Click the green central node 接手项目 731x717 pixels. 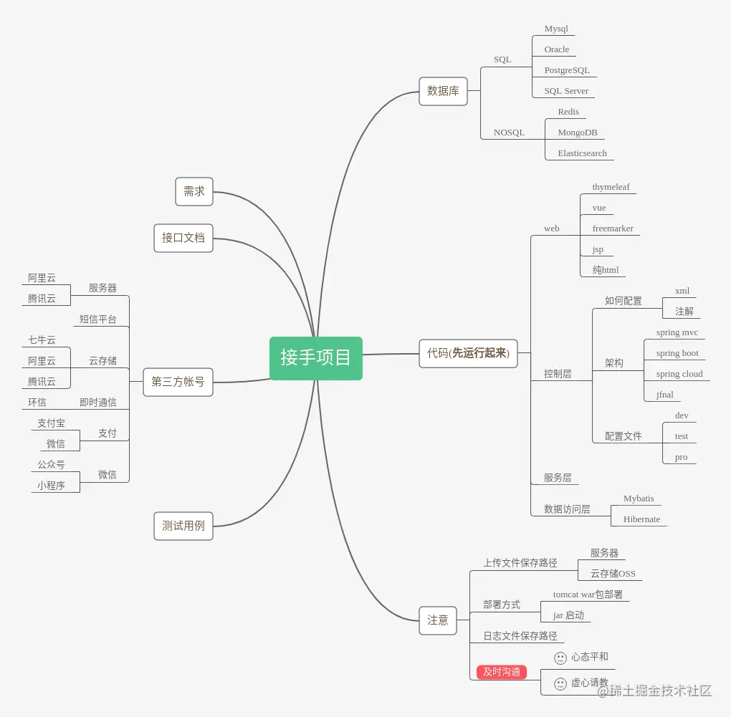coord(316,357)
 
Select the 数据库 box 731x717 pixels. coord(443,91)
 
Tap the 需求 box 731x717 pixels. coord(194,191)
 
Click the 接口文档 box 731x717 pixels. coord(183,238)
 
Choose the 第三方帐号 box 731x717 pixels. coord(178,382)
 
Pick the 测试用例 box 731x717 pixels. coord(183,526)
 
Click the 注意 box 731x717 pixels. coord(438,620)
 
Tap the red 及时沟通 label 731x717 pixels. coord(502,672)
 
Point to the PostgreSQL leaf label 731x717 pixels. coord(567,70)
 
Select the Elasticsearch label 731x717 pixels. coord(582,153)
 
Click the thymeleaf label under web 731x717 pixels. coord(611,187)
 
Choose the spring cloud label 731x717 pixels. coord(679,374)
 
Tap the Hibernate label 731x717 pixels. coord(641,519)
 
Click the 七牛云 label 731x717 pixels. coord(42,340)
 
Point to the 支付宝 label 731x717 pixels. coord(51,423)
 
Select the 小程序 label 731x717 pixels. coord(51,486)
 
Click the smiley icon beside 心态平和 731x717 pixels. coord(560,658)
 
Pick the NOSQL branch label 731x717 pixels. coord(509,133)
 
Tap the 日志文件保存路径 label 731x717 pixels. coord(520,636)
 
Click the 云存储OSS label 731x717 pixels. coord(613,574)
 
